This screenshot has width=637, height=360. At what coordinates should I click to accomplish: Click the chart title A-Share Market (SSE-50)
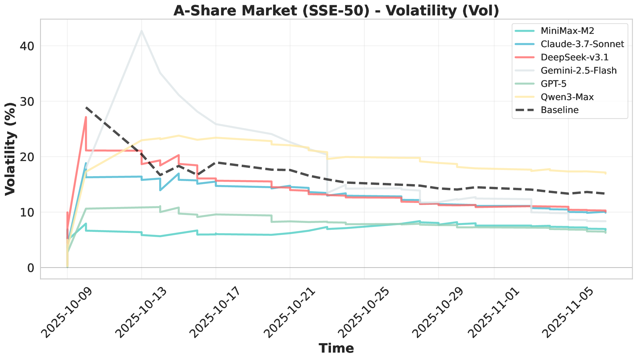(x=336, y=11)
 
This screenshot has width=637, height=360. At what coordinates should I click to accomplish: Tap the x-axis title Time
(x=336, y=349)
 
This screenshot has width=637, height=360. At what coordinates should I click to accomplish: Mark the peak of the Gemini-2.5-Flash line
(x=141, y=30)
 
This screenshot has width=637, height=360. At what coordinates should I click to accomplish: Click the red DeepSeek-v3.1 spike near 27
(x=86, y=117)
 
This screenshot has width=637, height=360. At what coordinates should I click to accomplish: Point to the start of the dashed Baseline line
(x=86, y=107)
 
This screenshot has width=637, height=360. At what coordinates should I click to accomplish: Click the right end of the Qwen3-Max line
(x=606, y=173)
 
